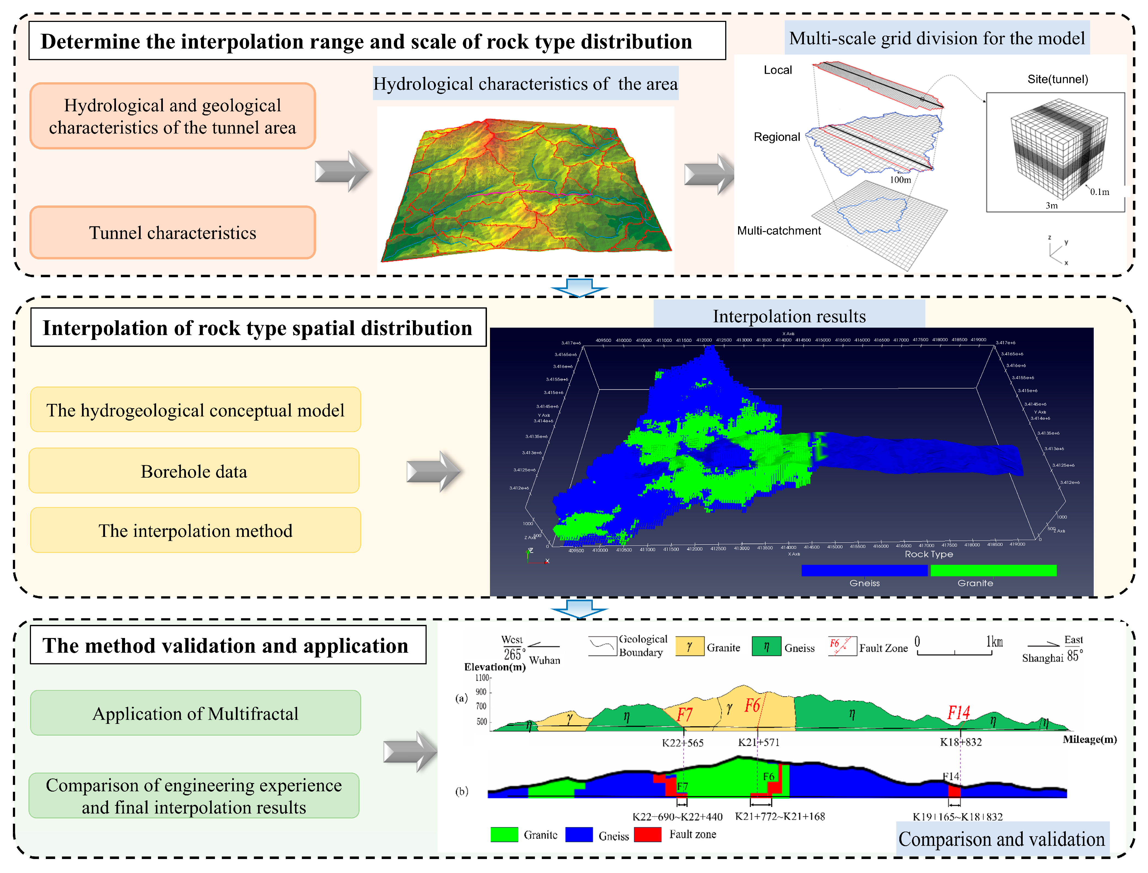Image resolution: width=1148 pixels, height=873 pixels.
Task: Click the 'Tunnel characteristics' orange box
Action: (x=172, y=233)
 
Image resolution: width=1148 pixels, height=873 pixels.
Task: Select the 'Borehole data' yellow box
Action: (x=194, y=471)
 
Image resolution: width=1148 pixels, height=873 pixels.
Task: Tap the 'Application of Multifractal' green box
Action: (x=195, y=713)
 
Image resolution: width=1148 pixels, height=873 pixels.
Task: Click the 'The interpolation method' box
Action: (x=195, y=531)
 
